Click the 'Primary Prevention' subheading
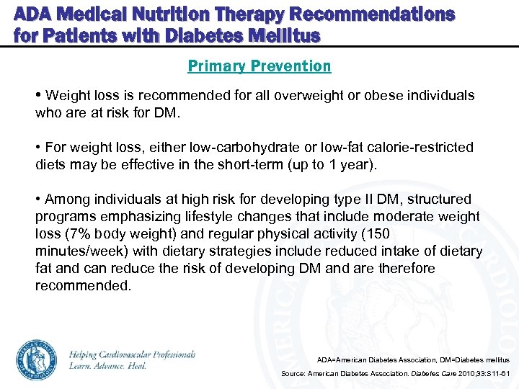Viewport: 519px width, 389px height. (x=259, y=66)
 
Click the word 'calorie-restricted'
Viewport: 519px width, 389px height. (x=420, y=148)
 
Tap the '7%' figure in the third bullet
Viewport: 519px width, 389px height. (x=75, y=234)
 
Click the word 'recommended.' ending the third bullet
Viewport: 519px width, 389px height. (x=84, y=286)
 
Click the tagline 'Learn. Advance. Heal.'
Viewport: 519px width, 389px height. (x=107, y=366)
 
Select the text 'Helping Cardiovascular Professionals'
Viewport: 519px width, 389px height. (x=132, y=354)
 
